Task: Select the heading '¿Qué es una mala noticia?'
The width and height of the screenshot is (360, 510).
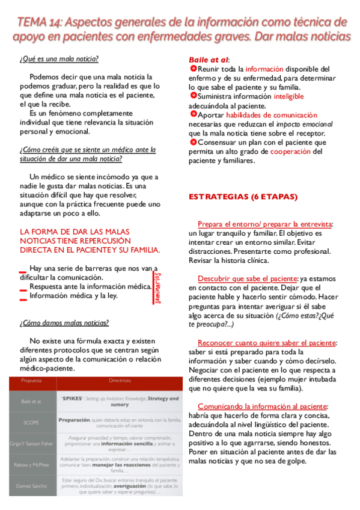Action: click(x=59, y=58)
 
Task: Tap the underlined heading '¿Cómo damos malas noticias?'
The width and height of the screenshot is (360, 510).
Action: click(x=64, y=322)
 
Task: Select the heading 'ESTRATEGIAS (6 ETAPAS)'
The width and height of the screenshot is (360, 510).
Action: click(x=243, y=196)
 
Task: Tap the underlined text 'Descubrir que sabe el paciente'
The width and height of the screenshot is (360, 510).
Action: click(x=247, y=278)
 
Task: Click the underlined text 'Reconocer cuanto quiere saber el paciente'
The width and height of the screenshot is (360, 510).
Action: click(x=267, y=342)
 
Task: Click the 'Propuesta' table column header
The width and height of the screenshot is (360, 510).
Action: click(x=31, y=381)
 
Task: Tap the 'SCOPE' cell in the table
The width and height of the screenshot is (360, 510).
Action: click(x=31, y=423)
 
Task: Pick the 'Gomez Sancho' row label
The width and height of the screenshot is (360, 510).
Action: click(x=31, y=484)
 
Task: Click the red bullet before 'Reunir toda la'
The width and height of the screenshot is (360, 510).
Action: click(x=192, y=69)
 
